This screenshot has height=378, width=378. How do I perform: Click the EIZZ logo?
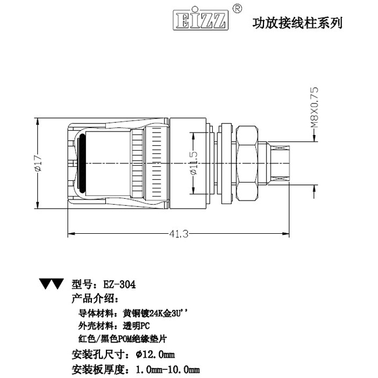[x=201, y=20]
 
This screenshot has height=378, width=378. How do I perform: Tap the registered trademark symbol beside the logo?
[x=237, y=9]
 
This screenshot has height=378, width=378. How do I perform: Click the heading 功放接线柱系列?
[x=297, y=23]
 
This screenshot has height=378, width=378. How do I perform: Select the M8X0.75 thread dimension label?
[x=315, y=107]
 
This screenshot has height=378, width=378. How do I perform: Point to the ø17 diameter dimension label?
[x=38, y=163]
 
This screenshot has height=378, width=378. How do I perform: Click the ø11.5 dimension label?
[x=194, y=163]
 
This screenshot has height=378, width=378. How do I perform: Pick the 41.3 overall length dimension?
[x=179, y=234]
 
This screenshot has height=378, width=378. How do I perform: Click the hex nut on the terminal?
[x=247, y=163]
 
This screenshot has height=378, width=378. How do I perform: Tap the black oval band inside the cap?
[x=83, y=163]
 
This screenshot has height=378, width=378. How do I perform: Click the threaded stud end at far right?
[x=280, y=163]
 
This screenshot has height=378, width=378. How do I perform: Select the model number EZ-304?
[x=120, y=284]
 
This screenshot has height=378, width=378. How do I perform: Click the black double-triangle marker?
[x=52, y=284]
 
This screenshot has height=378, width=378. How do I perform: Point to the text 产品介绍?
[x=95, y=299]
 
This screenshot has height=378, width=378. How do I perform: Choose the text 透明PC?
[x=136, y=326]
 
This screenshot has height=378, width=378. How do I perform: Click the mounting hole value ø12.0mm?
[x=155, y=354]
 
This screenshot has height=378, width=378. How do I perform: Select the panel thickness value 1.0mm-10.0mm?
[x=168, y=369]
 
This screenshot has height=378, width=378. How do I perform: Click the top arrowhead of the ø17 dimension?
[x=37, y=122]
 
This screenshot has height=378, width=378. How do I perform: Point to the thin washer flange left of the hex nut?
[x=226, y=163]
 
